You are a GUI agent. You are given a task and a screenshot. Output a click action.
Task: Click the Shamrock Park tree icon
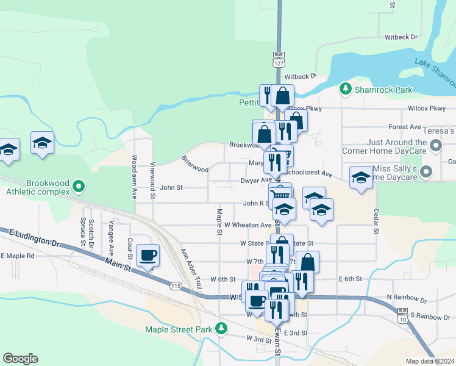click(346, 90)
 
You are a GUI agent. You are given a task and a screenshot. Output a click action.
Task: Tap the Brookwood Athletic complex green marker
click(78, 185)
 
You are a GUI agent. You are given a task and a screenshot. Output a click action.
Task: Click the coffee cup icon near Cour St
click(148, 255)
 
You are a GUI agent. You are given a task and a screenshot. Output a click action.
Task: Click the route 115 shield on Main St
click(176, 285)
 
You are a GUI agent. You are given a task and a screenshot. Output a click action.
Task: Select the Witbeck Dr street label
click(401, 37)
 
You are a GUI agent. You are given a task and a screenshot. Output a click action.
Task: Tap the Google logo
click(20, 359)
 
